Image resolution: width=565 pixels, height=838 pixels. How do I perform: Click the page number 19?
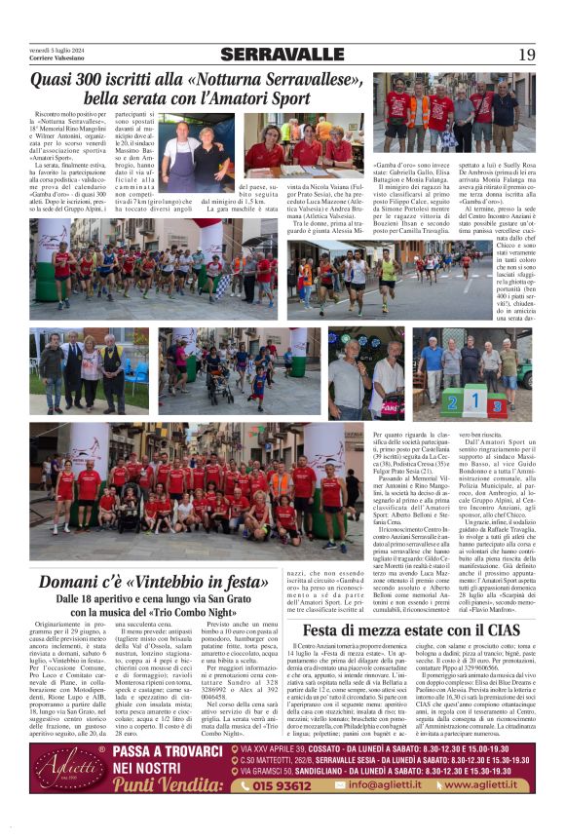pyautogui.click(x=526, y=55)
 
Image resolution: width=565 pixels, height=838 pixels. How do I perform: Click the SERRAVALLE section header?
pyautogui.click(x=282, y=55)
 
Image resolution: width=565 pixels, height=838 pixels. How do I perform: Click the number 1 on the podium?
pyautogui.click(x=475, y=401)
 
